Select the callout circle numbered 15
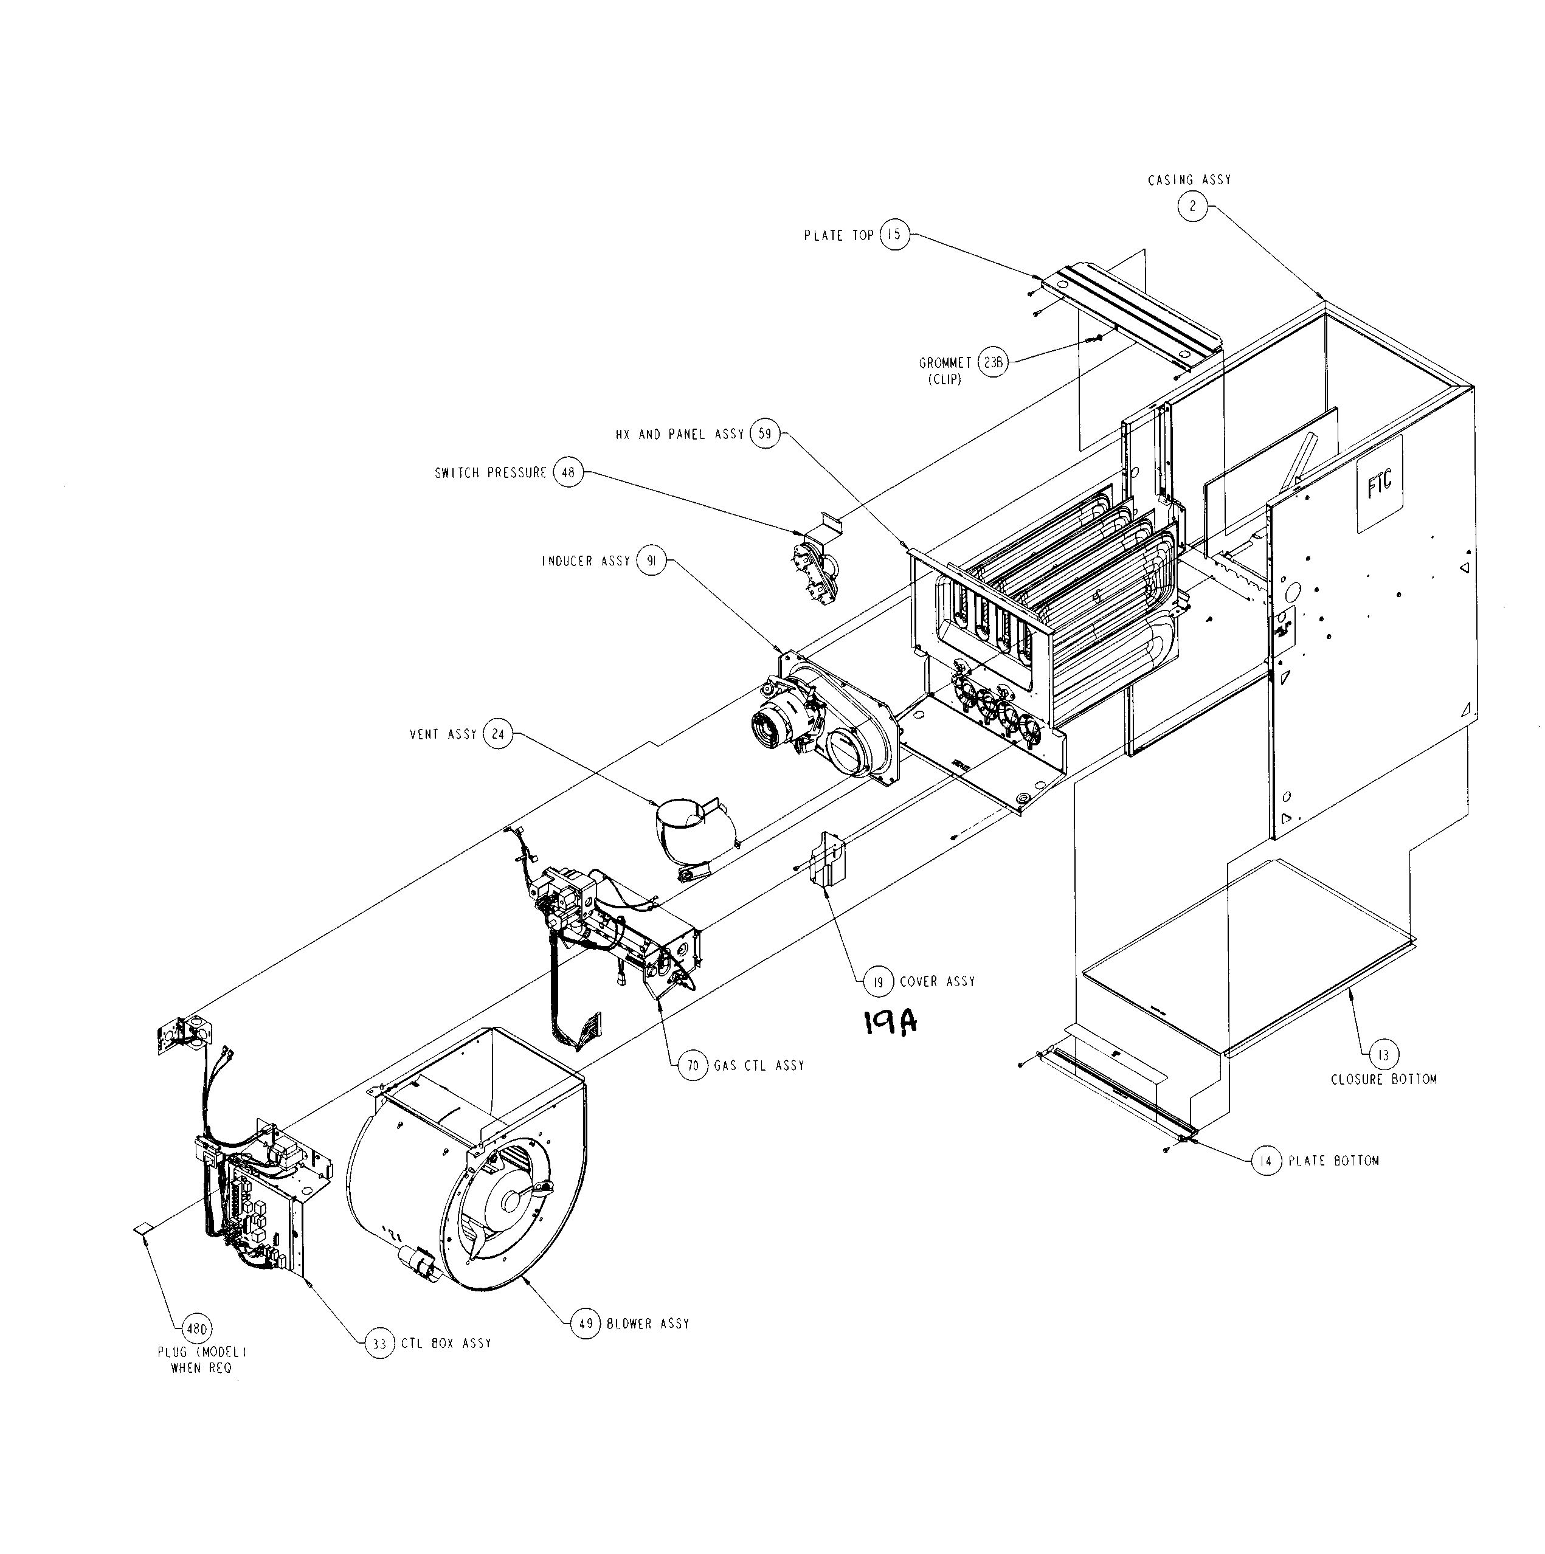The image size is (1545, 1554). [x=894, y=235]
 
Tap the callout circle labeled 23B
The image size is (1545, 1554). [x=994, y=363]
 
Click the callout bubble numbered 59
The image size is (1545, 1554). [x=765, y=434]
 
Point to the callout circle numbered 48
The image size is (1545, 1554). [x=568, y=473]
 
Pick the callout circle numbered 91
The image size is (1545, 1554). [x=651, y=561]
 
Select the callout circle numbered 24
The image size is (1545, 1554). [x=498, y=734]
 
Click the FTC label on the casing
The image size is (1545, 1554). [x=1380, y=484]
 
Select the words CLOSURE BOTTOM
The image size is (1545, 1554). [x=1383, y=1079]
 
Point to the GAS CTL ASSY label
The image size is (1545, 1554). [x=758, y=1066]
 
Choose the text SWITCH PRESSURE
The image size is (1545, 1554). [x=491, y=473]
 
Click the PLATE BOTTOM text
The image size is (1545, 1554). [x=1333, y=1161]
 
